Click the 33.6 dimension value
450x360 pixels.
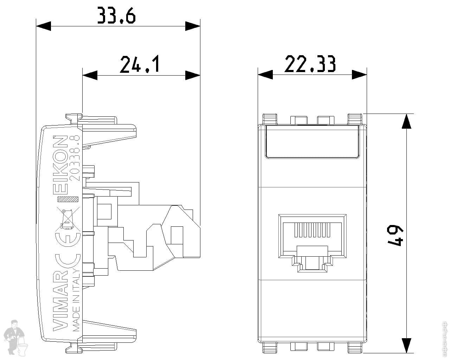point(116,16)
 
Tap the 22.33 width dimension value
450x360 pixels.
point(310,64)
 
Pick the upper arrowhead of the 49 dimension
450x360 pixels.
point(406,121)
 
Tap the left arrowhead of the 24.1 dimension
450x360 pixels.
point(90,75)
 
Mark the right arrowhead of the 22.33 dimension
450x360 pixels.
point(360,75)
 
